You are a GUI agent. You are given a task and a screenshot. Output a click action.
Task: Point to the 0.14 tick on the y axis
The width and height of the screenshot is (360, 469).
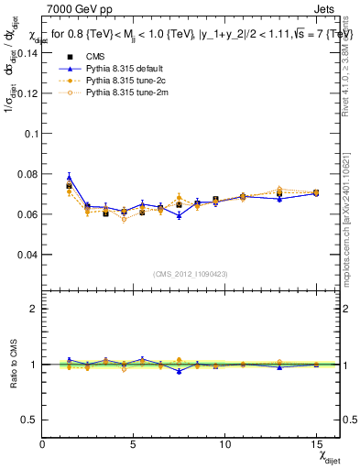click(27, 52)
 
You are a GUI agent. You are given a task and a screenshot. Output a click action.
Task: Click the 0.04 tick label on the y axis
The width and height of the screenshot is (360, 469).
click(27, 255)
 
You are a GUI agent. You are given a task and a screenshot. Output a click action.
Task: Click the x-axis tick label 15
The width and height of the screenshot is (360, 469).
click(315, 445)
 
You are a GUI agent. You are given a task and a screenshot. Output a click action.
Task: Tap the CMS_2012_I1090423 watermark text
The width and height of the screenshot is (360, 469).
click(191, 273)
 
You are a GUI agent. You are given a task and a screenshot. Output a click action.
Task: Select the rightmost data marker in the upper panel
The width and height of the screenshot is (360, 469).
click(316, 192)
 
